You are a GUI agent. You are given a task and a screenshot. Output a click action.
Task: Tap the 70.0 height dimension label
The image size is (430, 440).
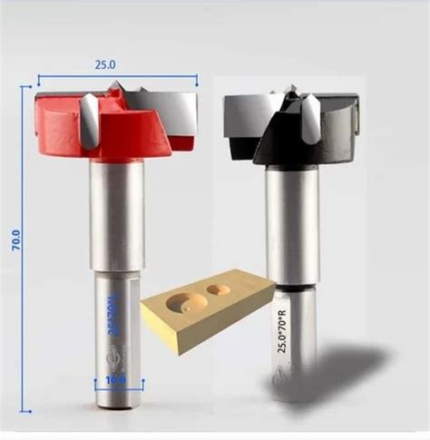click(x=15, y=246)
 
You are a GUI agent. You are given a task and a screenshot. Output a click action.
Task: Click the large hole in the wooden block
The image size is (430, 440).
click(x=188, y=302)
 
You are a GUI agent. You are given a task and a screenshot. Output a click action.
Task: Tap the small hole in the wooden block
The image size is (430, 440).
click(x=220, y=290)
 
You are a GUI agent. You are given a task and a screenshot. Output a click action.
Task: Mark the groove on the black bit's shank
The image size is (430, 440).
click(x=293, y=287)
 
